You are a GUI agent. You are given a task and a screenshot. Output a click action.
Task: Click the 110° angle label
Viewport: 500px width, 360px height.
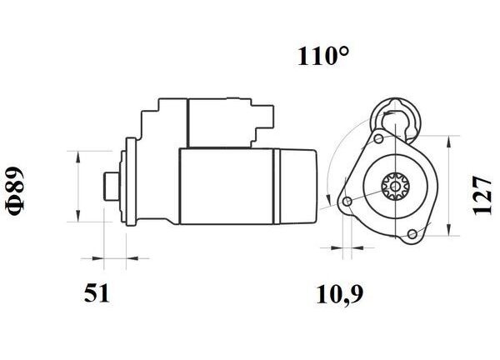click(x=322, y=57)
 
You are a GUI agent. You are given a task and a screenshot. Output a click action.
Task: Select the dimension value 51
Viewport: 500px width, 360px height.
click(x=97, y=293)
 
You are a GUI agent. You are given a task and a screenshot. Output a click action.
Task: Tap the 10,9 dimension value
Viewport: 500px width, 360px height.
click(x=339, y=294)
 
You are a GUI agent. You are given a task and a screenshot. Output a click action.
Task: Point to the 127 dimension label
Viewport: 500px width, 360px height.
click(x=482, y=195)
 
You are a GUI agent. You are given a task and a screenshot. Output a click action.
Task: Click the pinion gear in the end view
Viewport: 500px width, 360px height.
click(x=395, y=186)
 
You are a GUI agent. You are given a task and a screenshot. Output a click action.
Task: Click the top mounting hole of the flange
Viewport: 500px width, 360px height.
click(x=379, y=138)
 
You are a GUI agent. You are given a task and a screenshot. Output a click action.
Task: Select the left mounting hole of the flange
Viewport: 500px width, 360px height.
click(x=347, y=201)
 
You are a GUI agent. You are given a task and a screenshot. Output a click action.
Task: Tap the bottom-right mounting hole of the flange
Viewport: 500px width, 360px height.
click(x=412, y=233)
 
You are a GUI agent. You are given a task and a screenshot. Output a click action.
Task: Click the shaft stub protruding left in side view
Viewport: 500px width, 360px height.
click(x=112, y=187)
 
